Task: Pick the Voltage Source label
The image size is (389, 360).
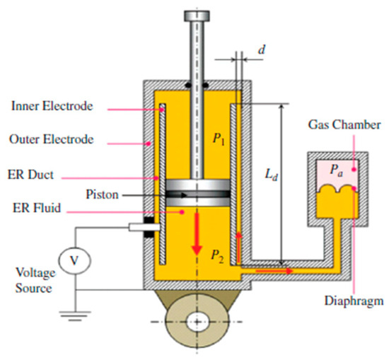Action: coord(31,279)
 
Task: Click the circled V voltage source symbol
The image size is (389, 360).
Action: coord(74,261)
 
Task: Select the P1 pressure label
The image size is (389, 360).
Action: coord(217,139)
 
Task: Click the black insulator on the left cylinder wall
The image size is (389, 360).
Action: coord(149,228)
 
